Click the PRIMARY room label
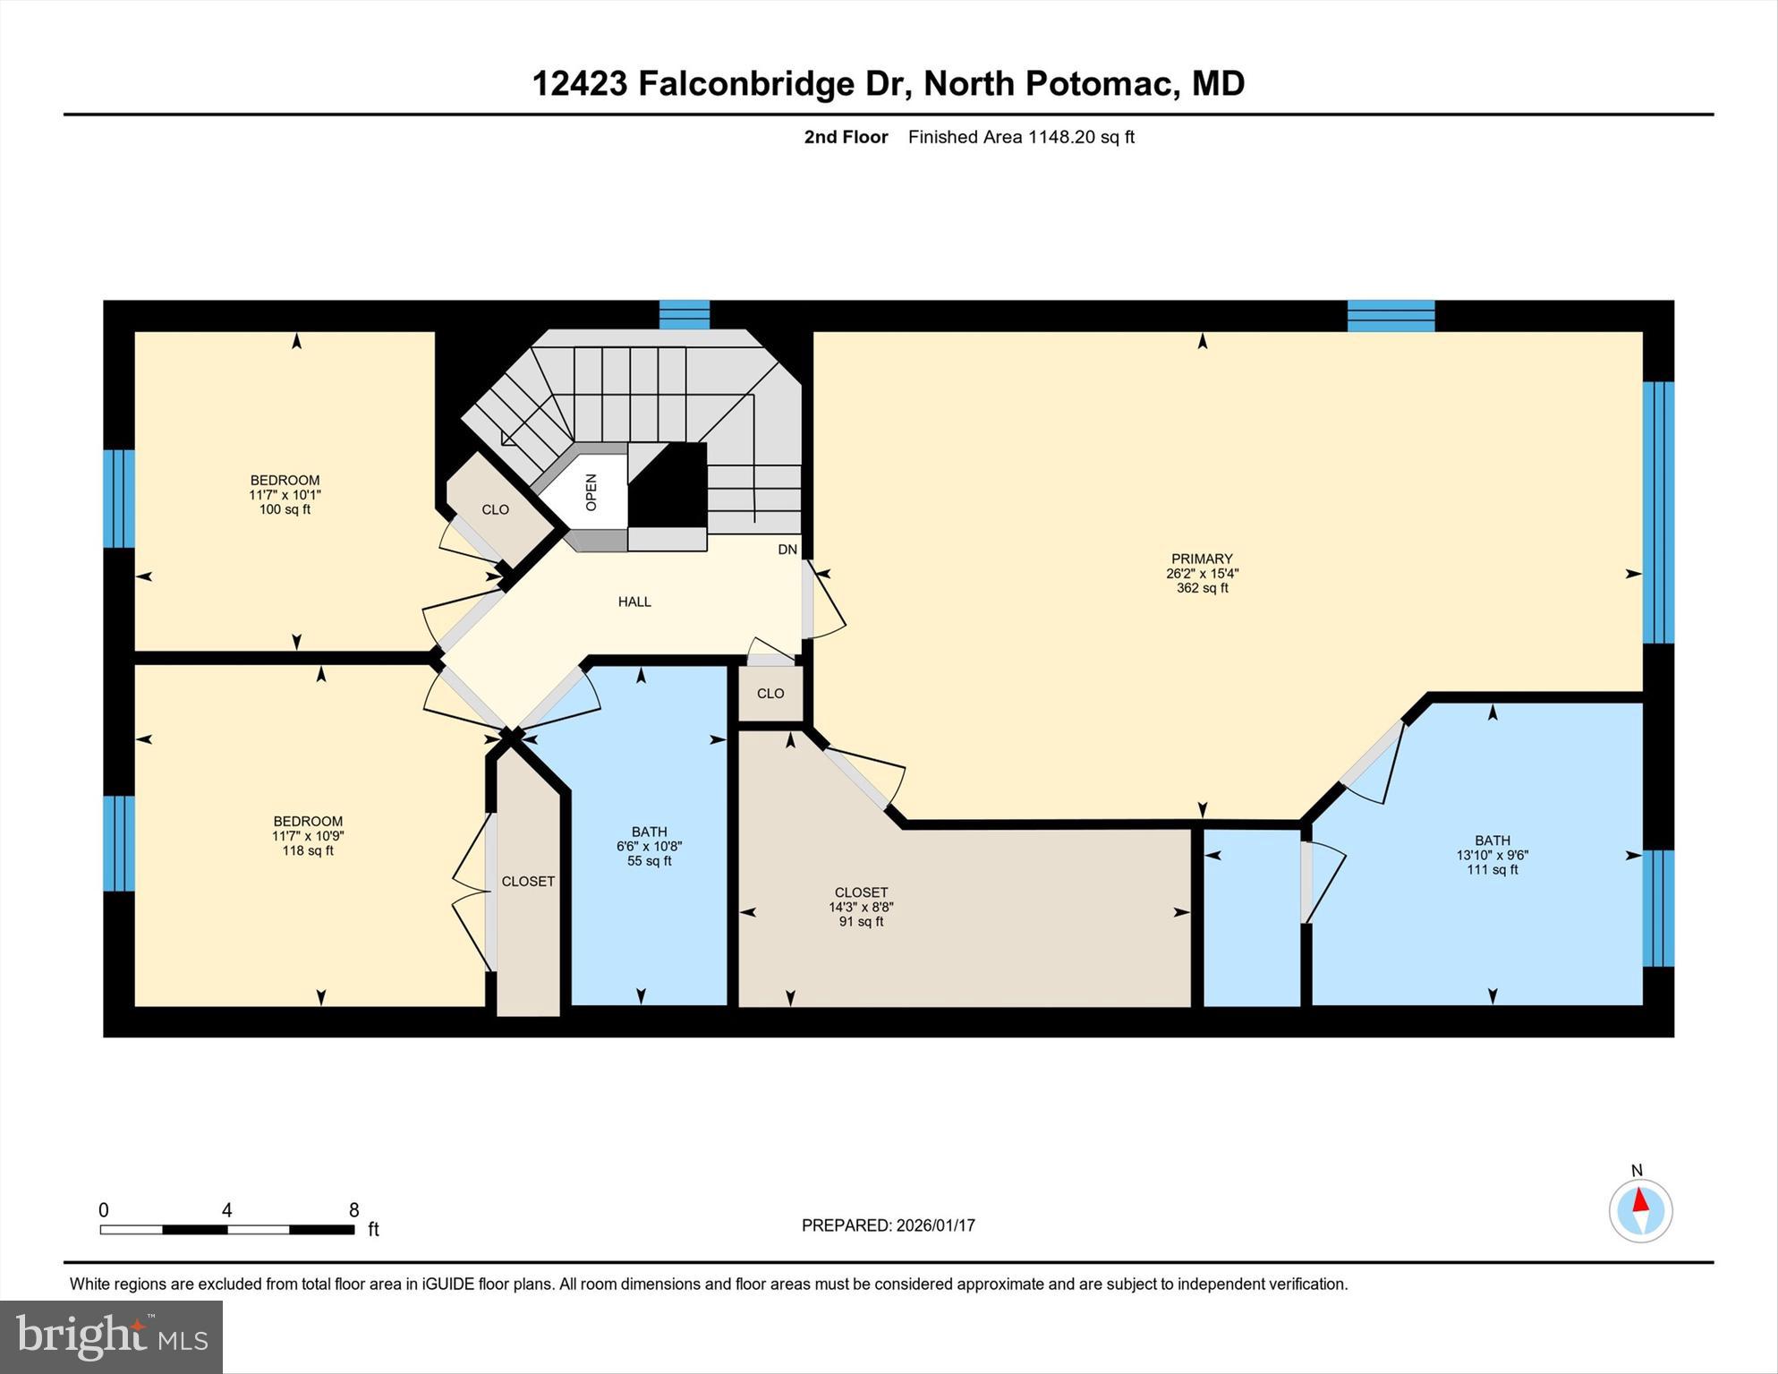[1201, 559]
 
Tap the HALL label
[634, 602]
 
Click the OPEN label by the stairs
[591, 492]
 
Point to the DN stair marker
[787, 550]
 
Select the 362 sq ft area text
[1202, 588]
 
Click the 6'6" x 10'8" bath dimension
[649, 846]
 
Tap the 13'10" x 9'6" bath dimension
[1492, 855]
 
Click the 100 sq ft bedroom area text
[285, 509]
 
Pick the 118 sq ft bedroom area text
[308, 850]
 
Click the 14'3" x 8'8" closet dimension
[861, 907]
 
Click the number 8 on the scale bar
[354, 1210]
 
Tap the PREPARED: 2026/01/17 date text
[888, 1225]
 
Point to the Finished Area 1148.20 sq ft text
[1021, 137]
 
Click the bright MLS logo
[111, 1337]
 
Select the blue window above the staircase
[685, 315]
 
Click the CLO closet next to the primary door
[770, 694]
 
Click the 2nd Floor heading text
[846, 137]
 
